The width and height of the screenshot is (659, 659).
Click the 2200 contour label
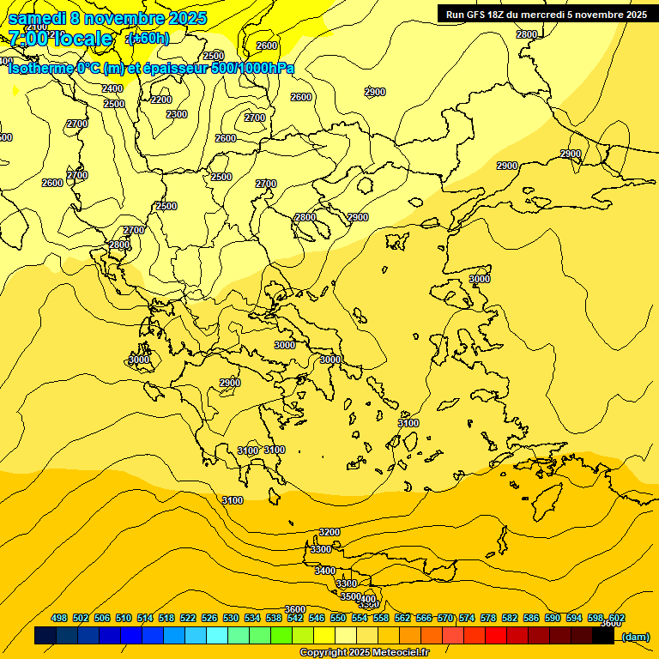tap(160, 100)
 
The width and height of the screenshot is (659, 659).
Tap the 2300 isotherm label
tap(176, 114)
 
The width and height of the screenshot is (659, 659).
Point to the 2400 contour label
tap(112, 88)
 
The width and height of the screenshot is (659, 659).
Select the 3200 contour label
tap(329, 533)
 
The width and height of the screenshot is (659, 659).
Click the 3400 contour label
tap(324, 571)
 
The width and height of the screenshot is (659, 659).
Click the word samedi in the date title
tap(36, 18)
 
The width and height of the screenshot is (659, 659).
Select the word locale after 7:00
tap(82, 39)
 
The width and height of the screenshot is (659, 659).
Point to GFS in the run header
tap(476, 15)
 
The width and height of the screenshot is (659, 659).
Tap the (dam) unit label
tap(635, 637)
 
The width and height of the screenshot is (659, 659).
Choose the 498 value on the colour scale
tap(59, 618)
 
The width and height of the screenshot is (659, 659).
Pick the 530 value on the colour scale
tap(231, 618)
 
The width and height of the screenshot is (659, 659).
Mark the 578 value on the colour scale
tap(488, 618)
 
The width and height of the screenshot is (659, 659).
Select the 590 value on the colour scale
tap(553, 618)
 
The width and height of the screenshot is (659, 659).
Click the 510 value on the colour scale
tap(124, 618)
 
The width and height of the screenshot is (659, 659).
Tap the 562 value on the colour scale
tap(402, 618)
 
